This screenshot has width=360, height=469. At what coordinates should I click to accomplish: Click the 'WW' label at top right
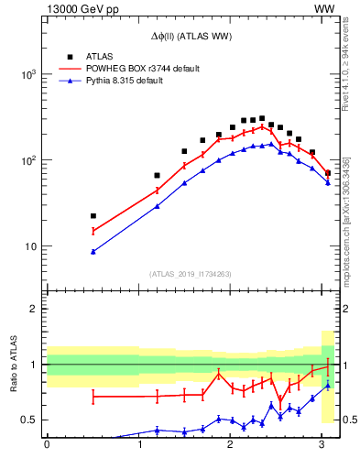[x=323, y=8]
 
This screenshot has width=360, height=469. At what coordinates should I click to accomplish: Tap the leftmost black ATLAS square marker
[x=93, y=216]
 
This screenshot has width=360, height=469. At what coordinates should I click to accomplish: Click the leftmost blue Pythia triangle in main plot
[x=93, y=251]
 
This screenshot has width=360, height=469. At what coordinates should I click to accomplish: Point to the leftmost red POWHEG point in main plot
[x=93, y=231]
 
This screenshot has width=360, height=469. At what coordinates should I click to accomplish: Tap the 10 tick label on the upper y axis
[x=32, y=246]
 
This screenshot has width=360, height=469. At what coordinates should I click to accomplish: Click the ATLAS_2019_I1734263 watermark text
[x=191, y=274]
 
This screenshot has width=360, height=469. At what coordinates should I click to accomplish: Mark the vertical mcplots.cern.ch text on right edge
[x=346, y=220]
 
